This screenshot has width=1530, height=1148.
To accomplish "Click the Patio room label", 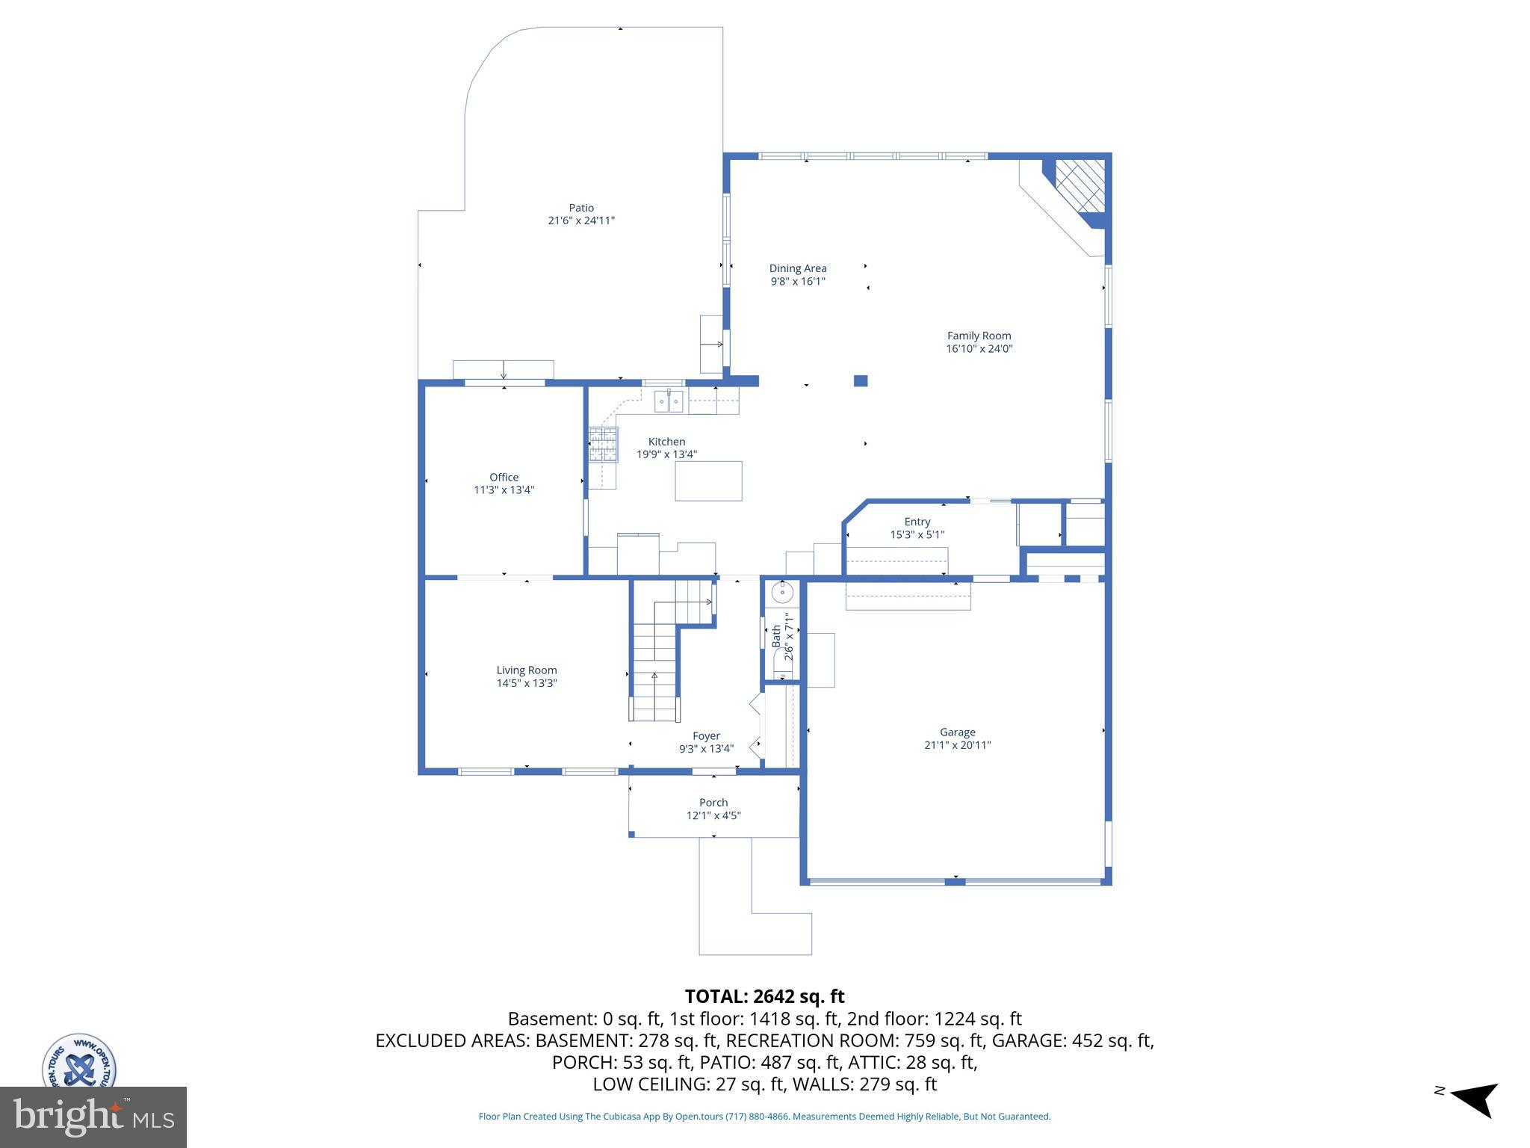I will pyautogui.click(x=580, y=208).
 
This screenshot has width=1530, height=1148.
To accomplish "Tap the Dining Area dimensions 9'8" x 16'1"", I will pyautogui.click(x=798, y=282).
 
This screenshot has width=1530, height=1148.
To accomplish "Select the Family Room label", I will pyautogui.click(x=979, y=336).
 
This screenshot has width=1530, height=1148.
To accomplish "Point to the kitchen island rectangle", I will pyautogui.click(x=708, y=481).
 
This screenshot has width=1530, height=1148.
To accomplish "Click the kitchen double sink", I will pyautogui.click(x=669, y=401).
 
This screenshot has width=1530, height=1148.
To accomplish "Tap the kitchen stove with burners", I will pyautogui.click(x=603, y=445).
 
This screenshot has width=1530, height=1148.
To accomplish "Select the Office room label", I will pyautogui.click(x=504, y=477).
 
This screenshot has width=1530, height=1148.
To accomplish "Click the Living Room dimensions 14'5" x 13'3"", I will pyautogui.click(x=527, y=683).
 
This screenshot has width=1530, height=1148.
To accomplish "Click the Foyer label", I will pyautogui.click(x=706, y=735).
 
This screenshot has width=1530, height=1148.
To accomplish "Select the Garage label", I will pyautogui.click(x=957, y=732).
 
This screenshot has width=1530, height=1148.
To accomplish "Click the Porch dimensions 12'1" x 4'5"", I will pyautogui.click(x=713, y=815).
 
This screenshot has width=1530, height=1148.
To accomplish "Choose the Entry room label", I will pyautogui.click(x=917, y=522).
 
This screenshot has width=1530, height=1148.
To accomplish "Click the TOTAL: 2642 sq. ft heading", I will pyautogui.click(x=764, y=996).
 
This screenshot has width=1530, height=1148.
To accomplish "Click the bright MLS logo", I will pyautogui.click(x=93, y=1117).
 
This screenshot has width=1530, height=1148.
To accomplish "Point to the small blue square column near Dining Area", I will pyautogui.click(x=861, y=380).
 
